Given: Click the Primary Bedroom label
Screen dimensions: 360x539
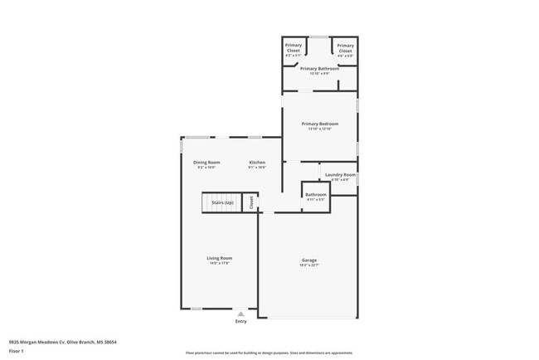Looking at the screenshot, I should click(319, 124).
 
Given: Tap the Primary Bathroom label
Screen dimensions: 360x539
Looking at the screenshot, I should click(319, 68).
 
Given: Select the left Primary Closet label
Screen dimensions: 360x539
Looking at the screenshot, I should click(294, 48).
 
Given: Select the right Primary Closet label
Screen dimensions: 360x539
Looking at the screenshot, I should click(345, 48).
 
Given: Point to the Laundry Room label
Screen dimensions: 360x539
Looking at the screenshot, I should click(340, 174).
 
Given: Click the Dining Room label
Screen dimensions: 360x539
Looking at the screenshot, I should click(206, 162).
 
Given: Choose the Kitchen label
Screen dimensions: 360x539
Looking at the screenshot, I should click(257, 162).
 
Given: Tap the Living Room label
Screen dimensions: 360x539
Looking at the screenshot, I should click(219, 258).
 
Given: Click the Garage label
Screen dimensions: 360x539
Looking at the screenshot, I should click(308, 260).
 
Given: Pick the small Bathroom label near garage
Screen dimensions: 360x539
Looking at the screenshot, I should click(316, 194).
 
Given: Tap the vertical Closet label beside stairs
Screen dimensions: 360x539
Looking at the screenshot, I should click(252, 203).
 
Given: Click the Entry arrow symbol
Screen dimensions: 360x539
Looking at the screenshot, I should click(240, 314).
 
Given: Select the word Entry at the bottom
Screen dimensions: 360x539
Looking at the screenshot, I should click(240, 321).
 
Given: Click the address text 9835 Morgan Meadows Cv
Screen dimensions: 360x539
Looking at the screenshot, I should click(62, 342).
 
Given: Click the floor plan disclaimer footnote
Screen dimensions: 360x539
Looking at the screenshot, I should click(269, 352).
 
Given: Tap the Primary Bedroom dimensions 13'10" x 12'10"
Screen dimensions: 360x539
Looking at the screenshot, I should click(319, 129).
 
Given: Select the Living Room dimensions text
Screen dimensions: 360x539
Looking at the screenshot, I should click(219, 263).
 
